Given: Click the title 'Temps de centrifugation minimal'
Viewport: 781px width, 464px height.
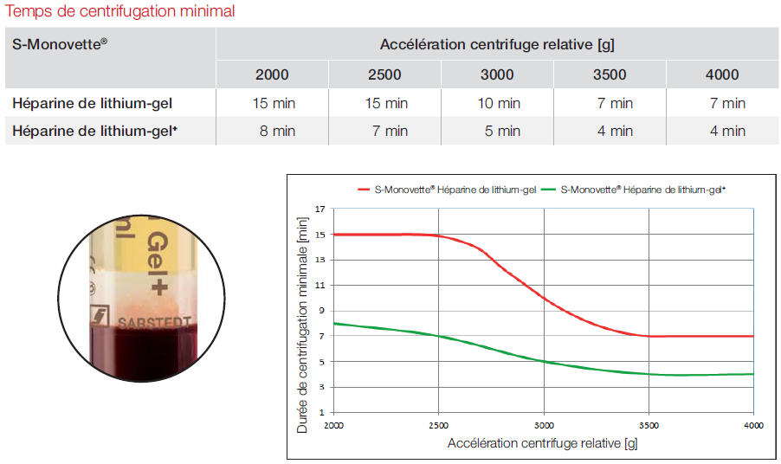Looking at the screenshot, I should pyautogui.click(x=120, y=12).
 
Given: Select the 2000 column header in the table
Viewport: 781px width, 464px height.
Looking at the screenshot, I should pyautogui.click(x=272, y=74).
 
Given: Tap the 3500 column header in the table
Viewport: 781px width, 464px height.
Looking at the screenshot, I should pyautogui.click(x=610, y=74).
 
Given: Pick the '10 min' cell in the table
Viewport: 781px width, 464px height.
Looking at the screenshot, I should pyautogui.click(x=497, y=103).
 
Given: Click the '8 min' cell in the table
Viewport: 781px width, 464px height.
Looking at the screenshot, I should pyautogui.click(x=272, y=131).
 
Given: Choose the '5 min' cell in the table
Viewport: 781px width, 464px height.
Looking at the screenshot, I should pyautogui.click(x=497, y=131).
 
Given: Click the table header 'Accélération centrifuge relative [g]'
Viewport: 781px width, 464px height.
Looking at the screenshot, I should pyautogui.click(x=497, y=44).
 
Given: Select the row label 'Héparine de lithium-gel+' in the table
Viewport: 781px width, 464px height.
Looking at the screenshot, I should pyautogui.click(x=100, y=131).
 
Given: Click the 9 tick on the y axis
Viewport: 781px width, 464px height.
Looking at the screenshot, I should pyautogui.click(x=321, y=311).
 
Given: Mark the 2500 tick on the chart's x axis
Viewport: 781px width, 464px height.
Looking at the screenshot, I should pyautogui.click(x=439, y=425).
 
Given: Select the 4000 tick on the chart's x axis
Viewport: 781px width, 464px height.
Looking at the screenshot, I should pyautogui.click(x=753, y=425).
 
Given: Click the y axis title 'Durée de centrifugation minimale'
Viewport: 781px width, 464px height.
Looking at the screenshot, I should pyautogui.click(x=302, y=325).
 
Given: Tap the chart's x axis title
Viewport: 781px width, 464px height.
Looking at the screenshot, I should pyautogui.click(x=543, y=443).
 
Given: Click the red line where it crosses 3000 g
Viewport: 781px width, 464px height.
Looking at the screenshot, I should pyautogui.click(x=544, y=297).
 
